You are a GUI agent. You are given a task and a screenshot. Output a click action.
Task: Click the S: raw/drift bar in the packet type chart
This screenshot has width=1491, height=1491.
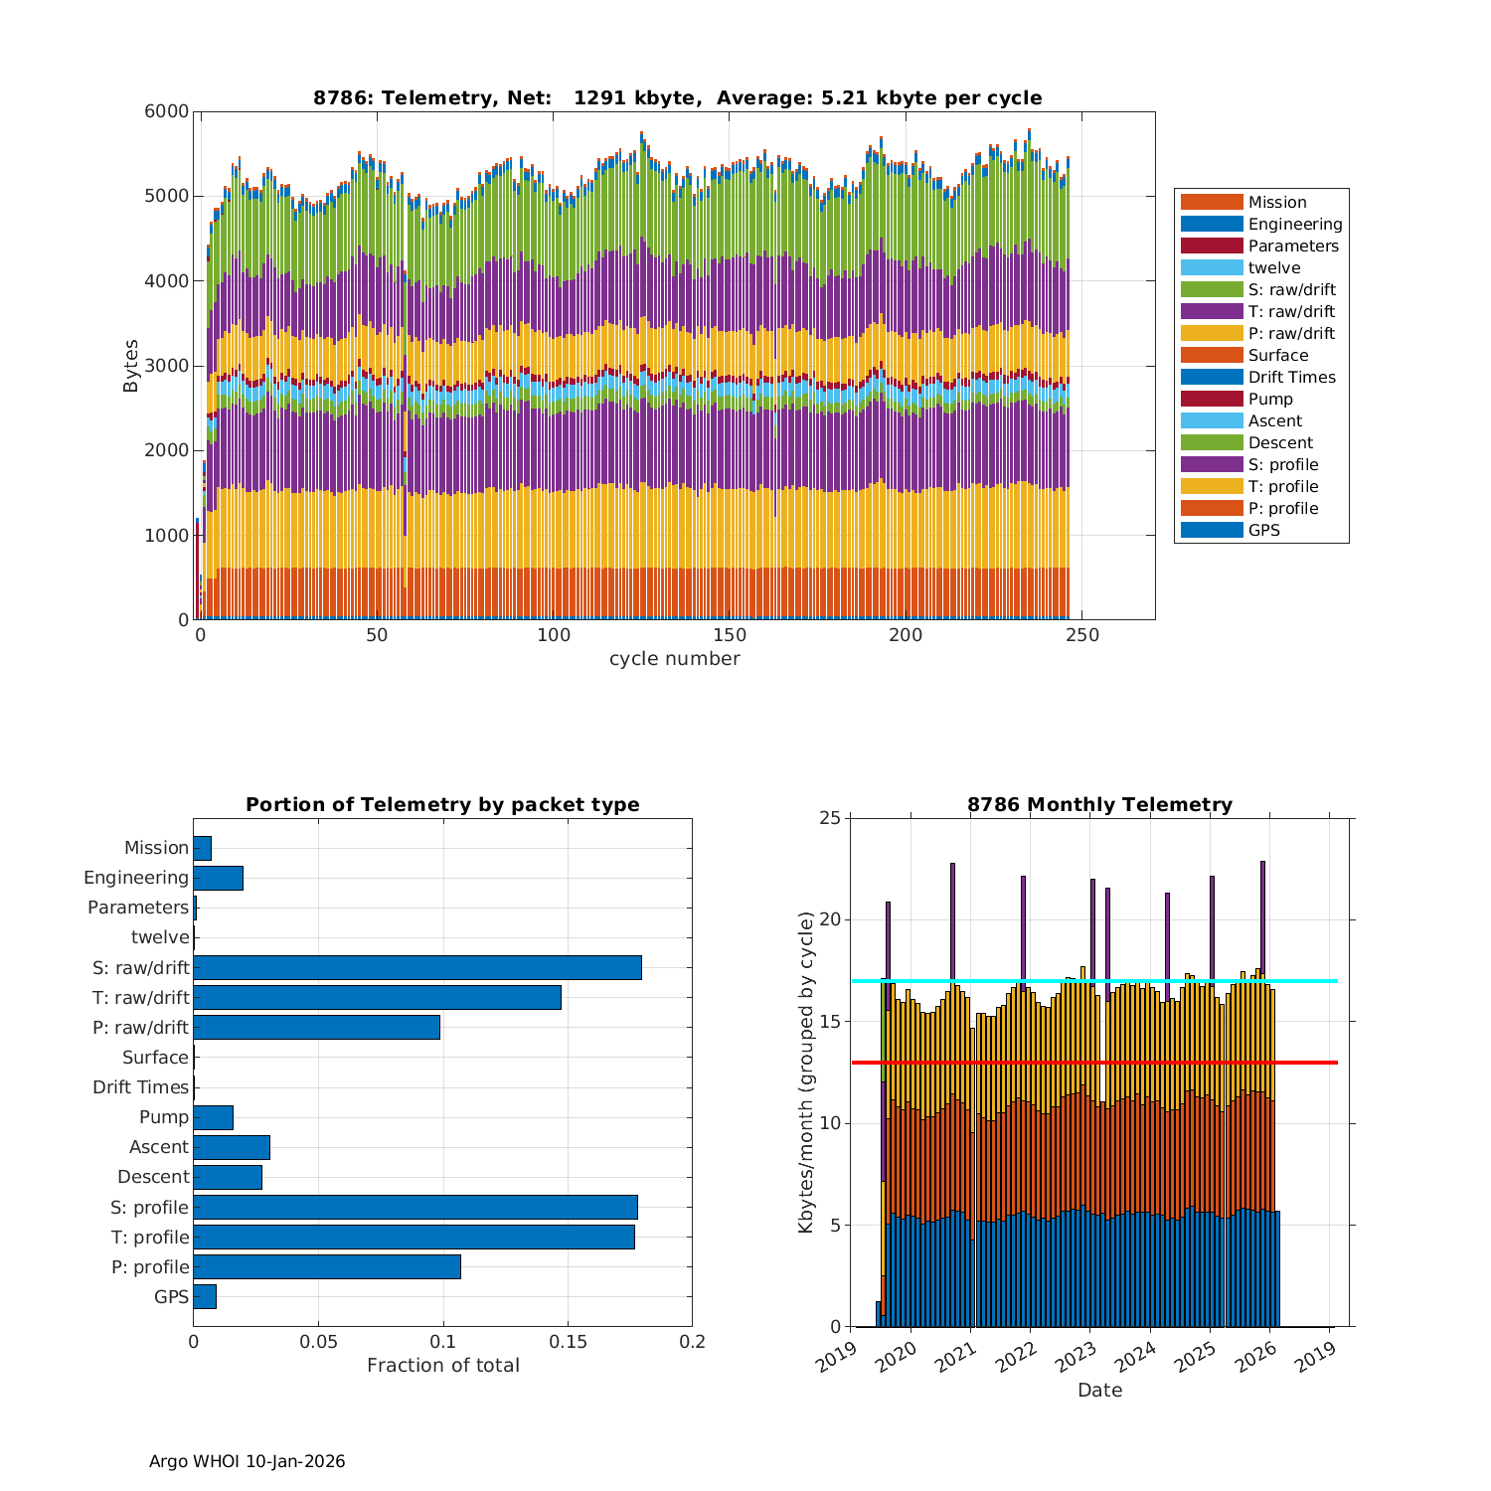click(417, 967)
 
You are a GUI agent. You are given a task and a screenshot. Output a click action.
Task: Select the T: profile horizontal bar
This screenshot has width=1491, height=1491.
click(414, 1237)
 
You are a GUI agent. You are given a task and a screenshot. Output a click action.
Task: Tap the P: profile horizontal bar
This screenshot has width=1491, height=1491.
click(327, 1266)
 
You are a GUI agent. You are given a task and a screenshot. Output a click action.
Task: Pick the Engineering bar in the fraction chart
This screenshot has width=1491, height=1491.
click(218, 878)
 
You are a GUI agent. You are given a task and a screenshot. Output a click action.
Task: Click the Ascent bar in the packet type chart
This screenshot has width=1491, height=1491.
click(232, 1147)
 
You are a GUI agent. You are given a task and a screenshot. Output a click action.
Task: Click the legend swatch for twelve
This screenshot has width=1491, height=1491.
click(1212, 267)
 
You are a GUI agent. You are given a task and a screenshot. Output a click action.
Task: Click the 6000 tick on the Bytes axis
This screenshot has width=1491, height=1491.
click(169, 111)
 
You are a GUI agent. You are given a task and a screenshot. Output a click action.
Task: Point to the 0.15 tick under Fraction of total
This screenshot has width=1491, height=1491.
click(568, 1342)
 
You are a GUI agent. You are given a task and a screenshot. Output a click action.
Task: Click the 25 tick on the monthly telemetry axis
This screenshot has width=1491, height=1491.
click(829, 818)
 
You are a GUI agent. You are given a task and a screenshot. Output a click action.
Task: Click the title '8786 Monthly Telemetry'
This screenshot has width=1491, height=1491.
click(1099, 804)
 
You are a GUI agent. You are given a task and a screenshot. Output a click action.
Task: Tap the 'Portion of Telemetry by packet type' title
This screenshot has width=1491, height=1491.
click(442, 804)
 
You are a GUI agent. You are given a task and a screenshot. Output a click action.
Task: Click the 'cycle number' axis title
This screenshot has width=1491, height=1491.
click(674, 659)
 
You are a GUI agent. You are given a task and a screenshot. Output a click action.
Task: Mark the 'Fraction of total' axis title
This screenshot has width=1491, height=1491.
click(442, 1366)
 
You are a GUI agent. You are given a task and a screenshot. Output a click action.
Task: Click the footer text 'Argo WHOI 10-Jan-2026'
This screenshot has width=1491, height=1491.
click(247, 1461)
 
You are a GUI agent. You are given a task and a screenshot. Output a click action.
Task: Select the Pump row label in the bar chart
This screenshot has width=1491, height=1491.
click(163, 1117)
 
